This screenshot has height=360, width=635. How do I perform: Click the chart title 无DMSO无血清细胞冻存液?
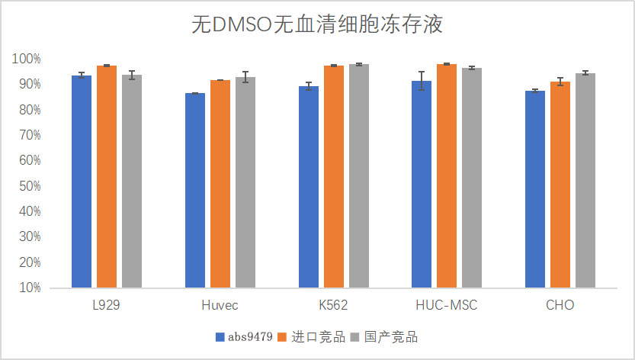click(x=317, y=25)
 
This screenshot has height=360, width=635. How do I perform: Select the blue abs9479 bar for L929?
click(x=82, y=182)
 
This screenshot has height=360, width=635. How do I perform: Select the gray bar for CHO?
click(x=585, y=181)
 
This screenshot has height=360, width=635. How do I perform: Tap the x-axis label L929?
click(x=106, y=306)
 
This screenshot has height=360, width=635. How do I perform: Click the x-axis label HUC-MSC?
click(x=447, y=306)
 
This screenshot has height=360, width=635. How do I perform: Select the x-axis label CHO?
click(x=560, y=306)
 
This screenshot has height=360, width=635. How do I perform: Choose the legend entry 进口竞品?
click(x=319, y=337)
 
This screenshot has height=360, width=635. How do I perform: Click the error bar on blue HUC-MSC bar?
click(x=422, y=81)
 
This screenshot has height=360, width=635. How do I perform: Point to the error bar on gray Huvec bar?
click(x=245, y=77)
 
